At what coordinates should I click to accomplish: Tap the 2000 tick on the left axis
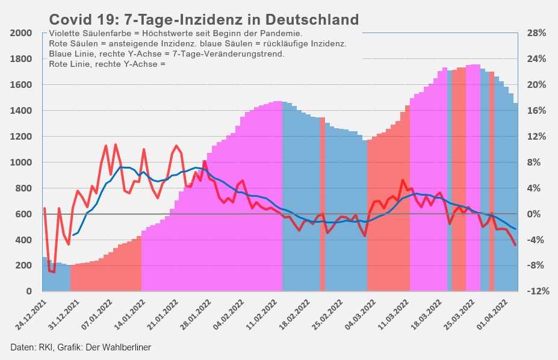[20, 33]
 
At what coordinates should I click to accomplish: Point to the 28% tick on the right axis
[535, 33]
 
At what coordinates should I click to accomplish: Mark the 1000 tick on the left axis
[20, 163]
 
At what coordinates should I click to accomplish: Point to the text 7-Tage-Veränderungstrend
[228, 54]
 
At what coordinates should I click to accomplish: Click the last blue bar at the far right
[515, 199]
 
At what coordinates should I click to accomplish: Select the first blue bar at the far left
[44, 275]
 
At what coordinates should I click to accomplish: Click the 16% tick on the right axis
[535, 111]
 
